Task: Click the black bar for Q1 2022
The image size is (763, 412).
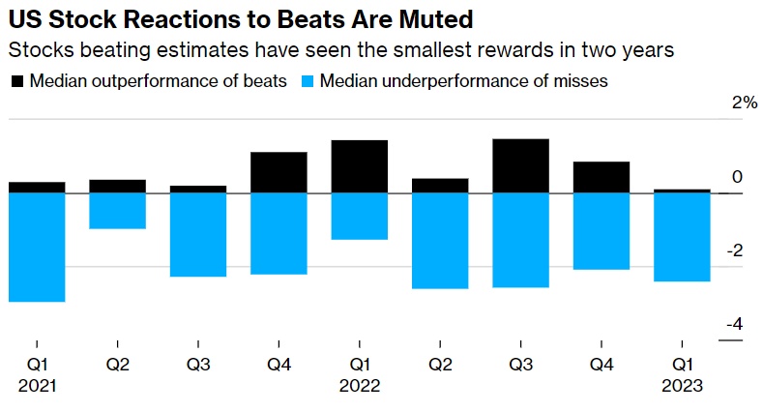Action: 359,166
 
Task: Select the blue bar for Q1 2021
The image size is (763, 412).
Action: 37,247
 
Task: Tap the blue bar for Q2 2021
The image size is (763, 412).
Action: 117,210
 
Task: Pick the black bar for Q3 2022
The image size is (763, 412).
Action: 520,165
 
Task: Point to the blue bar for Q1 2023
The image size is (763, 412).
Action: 682,236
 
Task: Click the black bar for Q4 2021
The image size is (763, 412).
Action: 279,172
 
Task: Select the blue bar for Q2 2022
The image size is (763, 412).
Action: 440,240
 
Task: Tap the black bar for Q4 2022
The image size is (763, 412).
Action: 602,177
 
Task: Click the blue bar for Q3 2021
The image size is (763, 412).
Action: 198,234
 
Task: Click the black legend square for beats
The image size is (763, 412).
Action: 16,82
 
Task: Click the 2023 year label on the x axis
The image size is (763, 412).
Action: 682,385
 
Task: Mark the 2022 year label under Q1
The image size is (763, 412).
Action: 359,385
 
